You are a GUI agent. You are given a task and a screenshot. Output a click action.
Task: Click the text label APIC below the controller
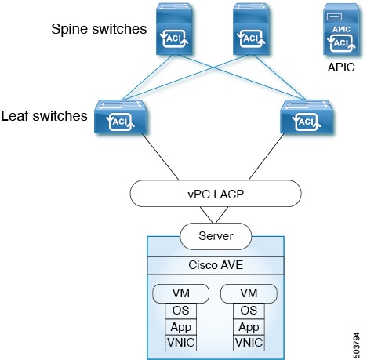(343, 69)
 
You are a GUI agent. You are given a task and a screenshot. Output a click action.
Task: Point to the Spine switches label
(99, 30)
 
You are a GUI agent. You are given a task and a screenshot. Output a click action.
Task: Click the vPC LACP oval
(212, 193)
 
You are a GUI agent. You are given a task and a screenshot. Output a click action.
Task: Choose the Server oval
(212, 235)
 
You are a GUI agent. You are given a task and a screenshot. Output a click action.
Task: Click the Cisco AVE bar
(212, 265)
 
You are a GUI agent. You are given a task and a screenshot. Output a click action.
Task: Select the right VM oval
(248, 294)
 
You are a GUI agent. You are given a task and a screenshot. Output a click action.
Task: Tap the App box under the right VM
(248, 326)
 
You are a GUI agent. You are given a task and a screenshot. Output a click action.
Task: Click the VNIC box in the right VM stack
(248, 342)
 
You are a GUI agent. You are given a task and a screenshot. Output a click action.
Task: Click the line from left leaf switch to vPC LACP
(153, 157)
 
